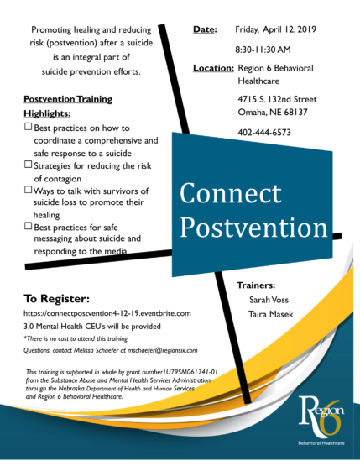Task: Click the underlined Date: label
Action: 204,30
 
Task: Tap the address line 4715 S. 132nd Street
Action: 276,98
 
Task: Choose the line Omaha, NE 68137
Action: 274,113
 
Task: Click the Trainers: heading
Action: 257,285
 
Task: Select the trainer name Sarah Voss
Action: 268,299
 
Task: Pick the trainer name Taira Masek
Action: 269,314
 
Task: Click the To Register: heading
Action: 56,298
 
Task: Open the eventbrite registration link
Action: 107,313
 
